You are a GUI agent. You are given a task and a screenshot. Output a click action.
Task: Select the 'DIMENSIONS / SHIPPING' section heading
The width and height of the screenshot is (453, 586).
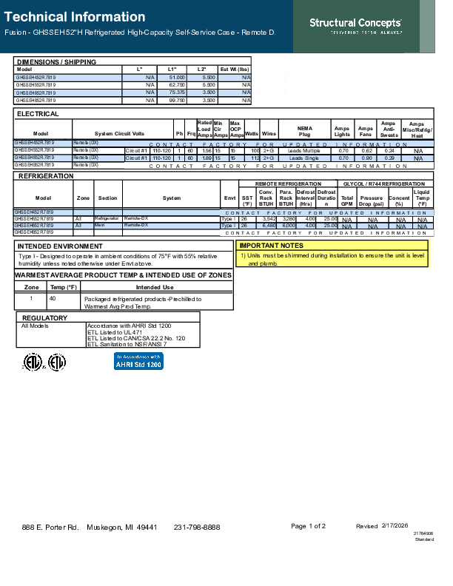tap(56, 61)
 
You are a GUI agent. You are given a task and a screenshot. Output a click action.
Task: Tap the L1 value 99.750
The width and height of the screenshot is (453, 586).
tap(176, 99)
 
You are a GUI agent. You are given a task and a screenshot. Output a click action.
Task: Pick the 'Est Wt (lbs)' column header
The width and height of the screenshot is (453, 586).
tap(235, 69)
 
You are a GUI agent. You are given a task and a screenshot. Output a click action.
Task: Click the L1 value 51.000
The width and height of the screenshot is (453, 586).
tap(176, 77)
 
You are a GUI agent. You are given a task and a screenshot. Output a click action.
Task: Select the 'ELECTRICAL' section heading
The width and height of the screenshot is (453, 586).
tap(38, 114)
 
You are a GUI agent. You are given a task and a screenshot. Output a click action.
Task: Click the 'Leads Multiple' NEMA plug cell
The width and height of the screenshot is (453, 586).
tap(304, 151)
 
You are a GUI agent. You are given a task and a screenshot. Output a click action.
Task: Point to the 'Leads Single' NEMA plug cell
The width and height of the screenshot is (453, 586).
tap(304, 158)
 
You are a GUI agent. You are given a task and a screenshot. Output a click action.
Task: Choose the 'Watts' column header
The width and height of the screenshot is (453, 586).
tap(251, 132)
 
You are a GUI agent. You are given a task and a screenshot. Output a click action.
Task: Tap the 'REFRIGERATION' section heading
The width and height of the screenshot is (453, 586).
tap(45, 176)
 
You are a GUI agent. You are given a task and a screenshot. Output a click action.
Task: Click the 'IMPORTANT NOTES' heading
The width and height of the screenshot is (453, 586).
tap(271, 245)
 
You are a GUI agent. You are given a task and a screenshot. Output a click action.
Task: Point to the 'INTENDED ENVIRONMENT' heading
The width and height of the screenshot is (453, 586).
tap(60, 246)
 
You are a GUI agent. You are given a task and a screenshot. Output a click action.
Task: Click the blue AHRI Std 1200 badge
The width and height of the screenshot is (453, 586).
tap(139, 361)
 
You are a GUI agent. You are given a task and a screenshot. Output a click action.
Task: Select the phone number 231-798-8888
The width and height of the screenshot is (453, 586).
tap(197, 527)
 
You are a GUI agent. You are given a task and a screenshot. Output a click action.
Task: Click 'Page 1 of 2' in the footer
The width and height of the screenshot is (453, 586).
tap(308, 526)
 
